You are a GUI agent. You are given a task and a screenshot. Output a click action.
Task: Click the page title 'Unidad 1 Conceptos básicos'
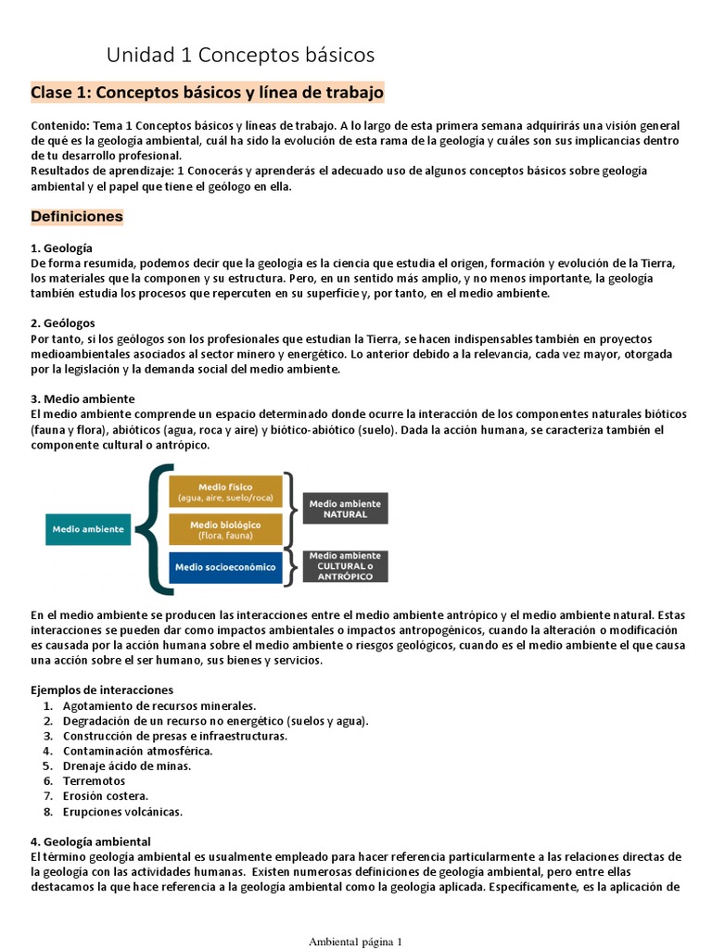point(240,56)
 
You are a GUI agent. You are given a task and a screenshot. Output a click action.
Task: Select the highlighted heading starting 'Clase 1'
point(207,94)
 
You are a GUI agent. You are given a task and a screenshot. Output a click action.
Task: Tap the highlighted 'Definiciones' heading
point(77,217)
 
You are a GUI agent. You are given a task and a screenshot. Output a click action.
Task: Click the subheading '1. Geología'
point(61,248)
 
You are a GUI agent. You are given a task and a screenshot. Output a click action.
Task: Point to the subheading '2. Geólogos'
point(63,325)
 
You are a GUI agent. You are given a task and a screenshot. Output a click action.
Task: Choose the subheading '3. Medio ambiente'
point(83,399)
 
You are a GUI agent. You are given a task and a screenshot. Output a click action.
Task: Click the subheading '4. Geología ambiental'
point(93,841)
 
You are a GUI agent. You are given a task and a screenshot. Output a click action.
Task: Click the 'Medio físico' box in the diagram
point(225,492)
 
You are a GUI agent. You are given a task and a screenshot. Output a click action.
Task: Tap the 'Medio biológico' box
point(225,529)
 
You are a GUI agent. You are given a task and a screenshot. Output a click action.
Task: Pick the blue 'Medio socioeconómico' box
point(225,567)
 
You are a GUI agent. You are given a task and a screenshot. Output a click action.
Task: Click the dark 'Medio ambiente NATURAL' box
point(345,508)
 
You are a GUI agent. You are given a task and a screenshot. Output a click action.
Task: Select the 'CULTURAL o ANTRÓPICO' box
point(345,566)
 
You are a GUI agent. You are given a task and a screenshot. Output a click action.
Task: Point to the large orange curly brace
point(154,529)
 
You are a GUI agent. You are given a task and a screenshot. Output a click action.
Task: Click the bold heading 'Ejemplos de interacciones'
point(102,690)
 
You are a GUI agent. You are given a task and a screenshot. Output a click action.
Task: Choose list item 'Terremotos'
point(94,781)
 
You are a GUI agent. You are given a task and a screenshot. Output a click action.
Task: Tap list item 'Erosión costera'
point(106,796)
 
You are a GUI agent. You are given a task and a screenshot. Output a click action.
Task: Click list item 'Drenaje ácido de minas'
point(127,766)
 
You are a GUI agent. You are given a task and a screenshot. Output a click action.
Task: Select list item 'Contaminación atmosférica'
point(137,751)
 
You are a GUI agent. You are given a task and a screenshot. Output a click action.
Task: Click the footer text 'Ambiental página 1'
point(355,942)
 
